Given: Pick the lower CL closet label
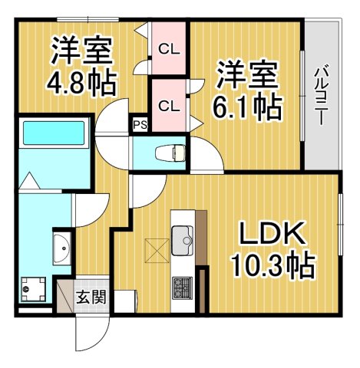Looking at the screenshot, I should pos(168,105).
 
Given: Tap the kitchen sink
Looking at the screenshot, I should pos(183,241).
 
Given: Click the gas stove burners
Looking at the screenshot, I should pos(183,287).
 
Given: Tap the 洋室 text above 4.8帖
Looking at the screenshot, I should pos(82,51).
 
